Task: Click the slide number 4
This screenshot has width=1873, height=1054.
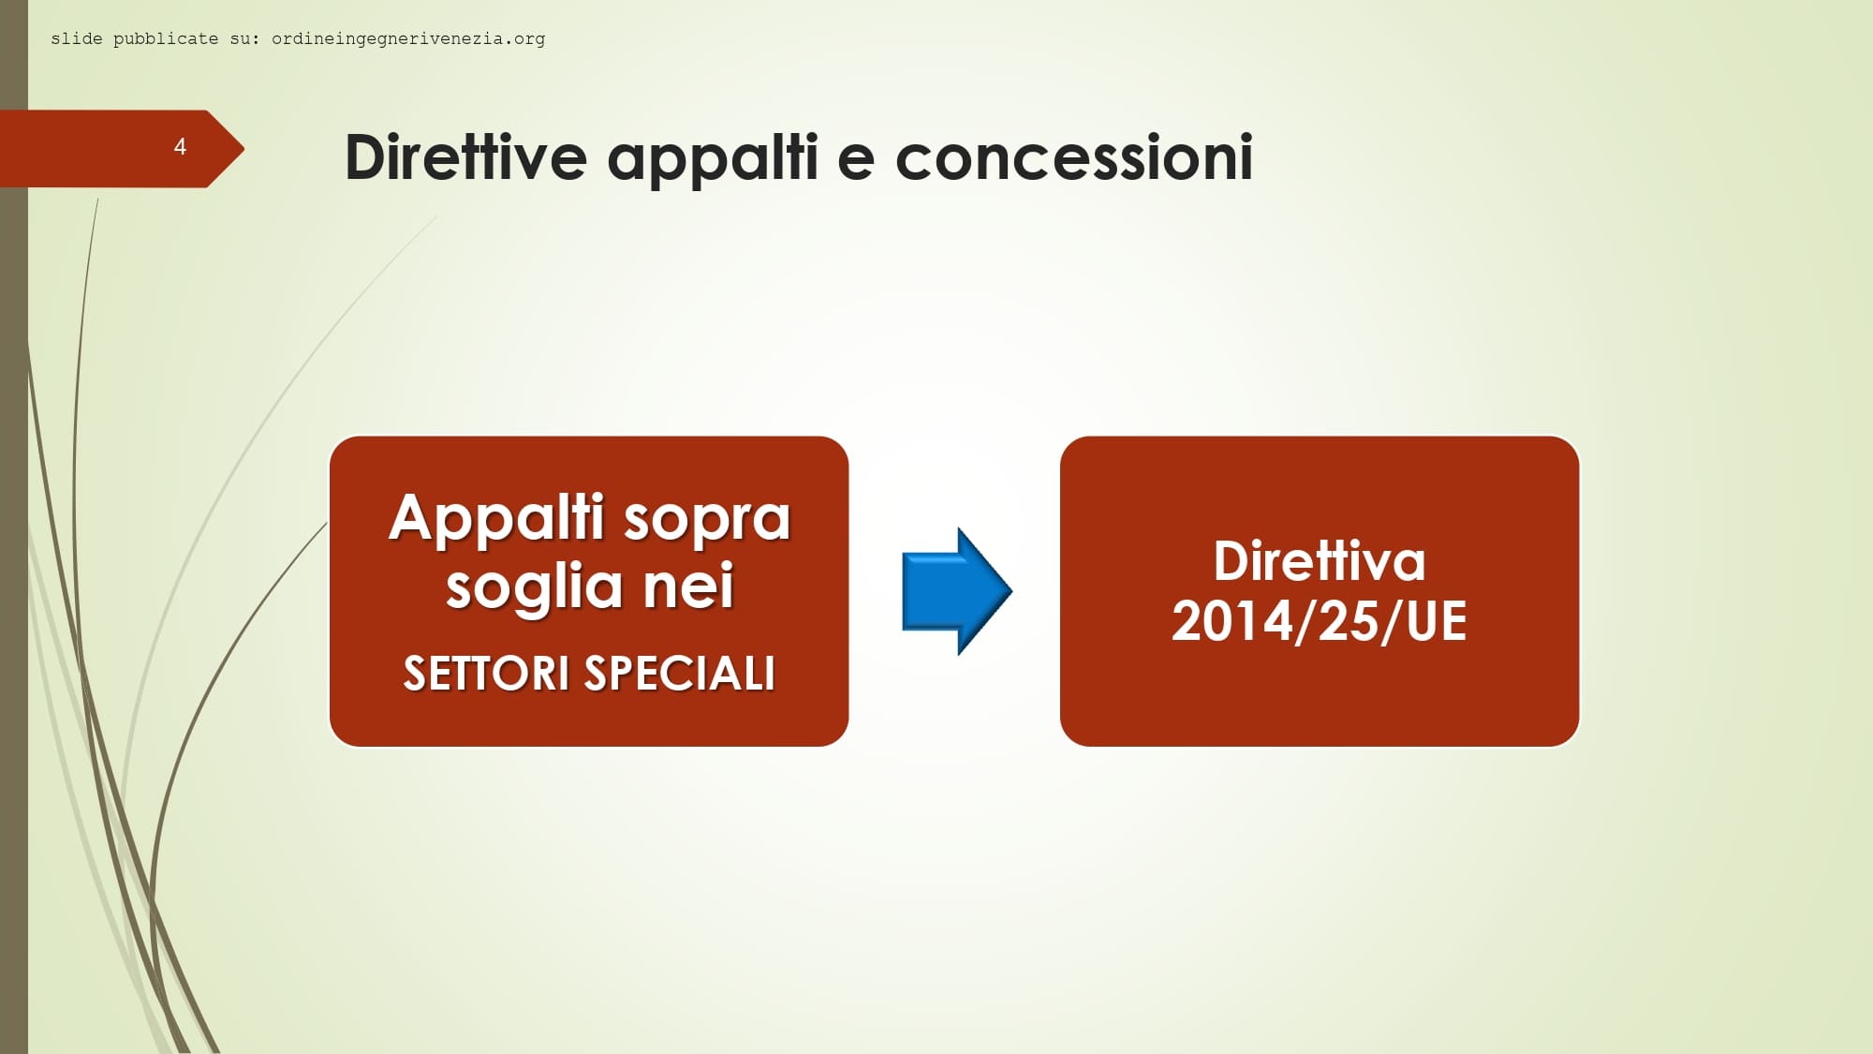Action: click(x=180, y=146)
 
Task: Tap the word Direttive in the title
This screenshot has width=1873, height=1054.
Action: click(x=465, y=156)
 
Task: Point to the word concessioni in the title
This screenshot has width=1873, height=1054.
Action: click(x=1074, y=156)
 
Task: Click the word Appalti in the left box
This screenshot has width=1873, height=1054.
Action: click(x=496, y=518)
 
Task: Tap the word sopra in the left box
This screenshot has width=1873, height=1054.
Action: click(x=707, y=521)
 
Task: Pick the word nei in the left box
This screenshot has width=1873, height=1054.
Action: click(x=688, y=586)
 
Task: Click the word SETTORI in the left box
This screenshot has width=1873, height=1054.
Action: click(x=486, y=674)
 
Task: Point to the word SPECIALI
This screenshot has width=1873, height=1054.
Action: click(x=680, y=674)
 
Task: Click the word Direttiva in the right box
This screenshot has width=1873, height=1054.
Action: click(x=1320, y=561)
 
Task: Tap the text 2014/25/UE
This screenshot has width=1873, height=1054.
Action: click(x=1320, y=621)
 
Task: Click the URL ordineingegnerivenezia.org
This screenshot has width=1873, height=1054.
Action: click(x=408, y=38)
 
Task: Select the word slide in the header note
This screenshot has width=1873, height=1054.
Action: click(x=77, y=38)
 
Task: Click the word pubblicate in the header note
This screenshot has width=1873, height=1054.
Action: click(x=166, y=38)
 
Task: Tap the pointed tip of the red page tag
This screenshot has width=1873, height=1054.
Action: click(x=244, y=148)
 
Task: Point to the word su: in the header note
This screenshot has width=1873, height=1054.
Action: click(x=245, y=39)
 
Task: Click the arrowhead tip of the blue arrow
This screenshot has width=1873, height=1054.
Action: click(x=1012, y=591)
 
